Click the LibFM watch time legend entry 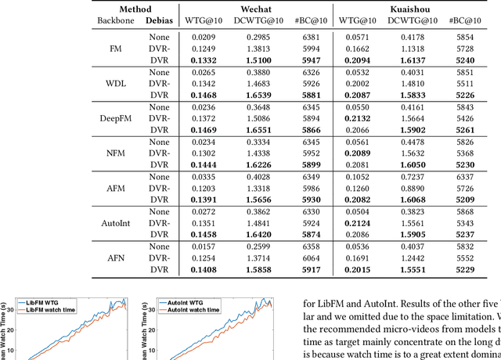[63, 311]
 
